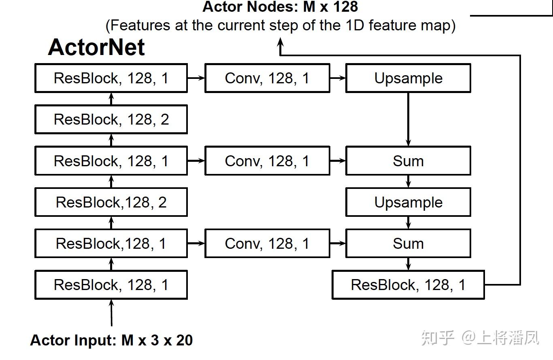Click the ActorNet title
click(x=96, y=47)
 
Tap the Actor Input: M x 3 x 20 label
click(x=111, y=340)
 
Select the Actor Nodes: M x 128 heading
click(x=280, y=6)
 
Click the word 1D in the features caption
click(x=353, y=25)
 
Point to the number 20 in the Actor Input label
click(x=184, y=340)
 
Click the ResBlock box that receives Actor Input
click(x=111, y=285)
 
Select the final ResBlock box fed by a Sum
click(x=408, y=285)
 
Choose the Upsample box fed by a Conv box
click(x=408, y=78)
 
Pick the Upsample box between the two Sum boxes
click(x=408, y=202)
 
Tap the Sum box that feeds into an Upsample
click(x=408, y=161)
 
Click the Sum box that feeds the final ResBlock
click(x=408, y=244)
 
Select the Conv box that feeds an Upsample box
click(x=267, y=78)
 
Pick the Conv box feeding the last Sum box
click(x=267, y=244)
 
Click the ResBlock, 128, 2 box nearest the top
click(x=111, y=119)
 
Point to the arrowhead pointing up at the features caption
click(x=280, y=42)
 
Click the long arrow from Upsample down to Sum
click(x=408, y=119)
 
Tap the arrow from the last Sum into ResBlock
click(x=408, y=264)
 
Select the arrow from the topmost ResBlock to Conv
click(x=196, y=78)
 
